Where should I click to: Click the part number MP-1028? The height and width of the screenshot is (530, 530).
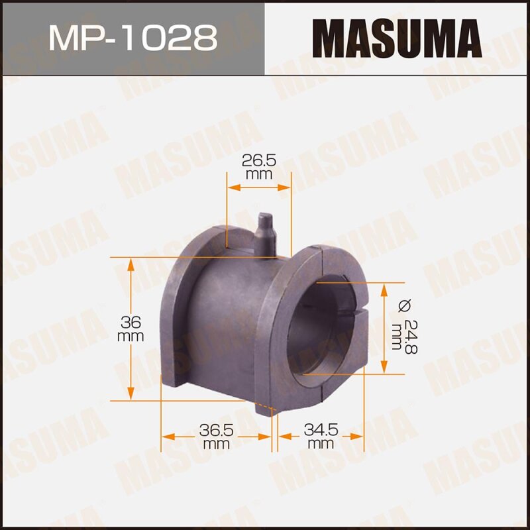tap(132, 38)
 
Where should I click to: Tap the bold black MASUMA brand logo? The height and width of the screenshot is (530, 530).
tap(397, 38)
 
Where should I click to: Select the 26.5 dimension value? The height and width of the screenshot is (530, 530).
tap(259, 161)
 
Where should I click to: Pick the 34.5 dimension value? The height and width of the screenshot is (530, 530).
tap(321, 430)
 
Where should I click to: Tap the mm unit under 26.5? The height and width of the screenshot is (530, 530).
tap(259, 175)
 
